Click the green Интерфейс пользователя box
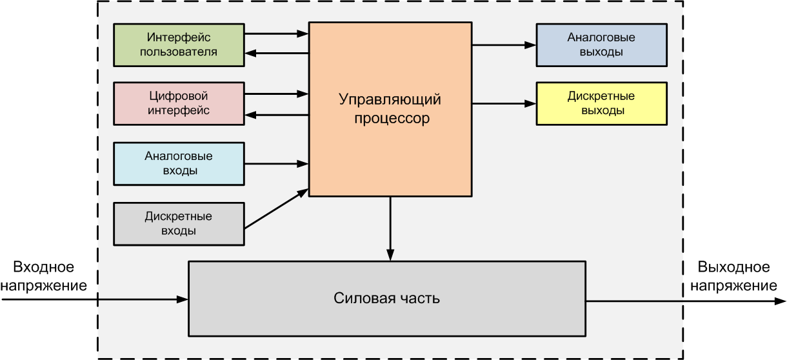click(x=179, y=44)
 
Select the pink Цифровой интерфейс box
click(x=179, y=103)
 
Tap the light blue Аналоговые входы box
click(x=179, y=163)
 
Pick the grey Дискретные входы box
click(x=179, y=223)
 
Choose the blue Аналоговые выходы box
click(x=601, y=45)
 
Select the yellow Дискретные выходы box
click(x=601, y=103)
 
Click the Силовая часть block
click(x=387, y=298)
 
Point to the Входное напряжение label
click(x=44, y=276)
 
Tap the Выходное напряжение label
click(x=733, y=276)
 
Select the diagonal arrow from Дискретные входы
click(x=277, y=208)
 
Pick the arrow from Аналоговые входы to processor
click(x=277, y=163)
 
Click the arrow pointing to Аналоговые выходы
click(x=504, y=45)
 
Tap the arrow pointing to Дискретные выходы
click(x=504, y=104)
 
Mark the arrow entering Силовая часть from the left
click(x=97, y=299)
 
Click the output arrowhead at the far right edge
click(x=781, y=299)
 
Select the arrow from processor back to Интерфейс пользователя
click(x=277, y=54)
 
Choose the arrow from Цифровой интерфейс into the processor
click(x=277, y=94)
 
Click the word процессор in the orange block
click(x=390, y=119)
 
